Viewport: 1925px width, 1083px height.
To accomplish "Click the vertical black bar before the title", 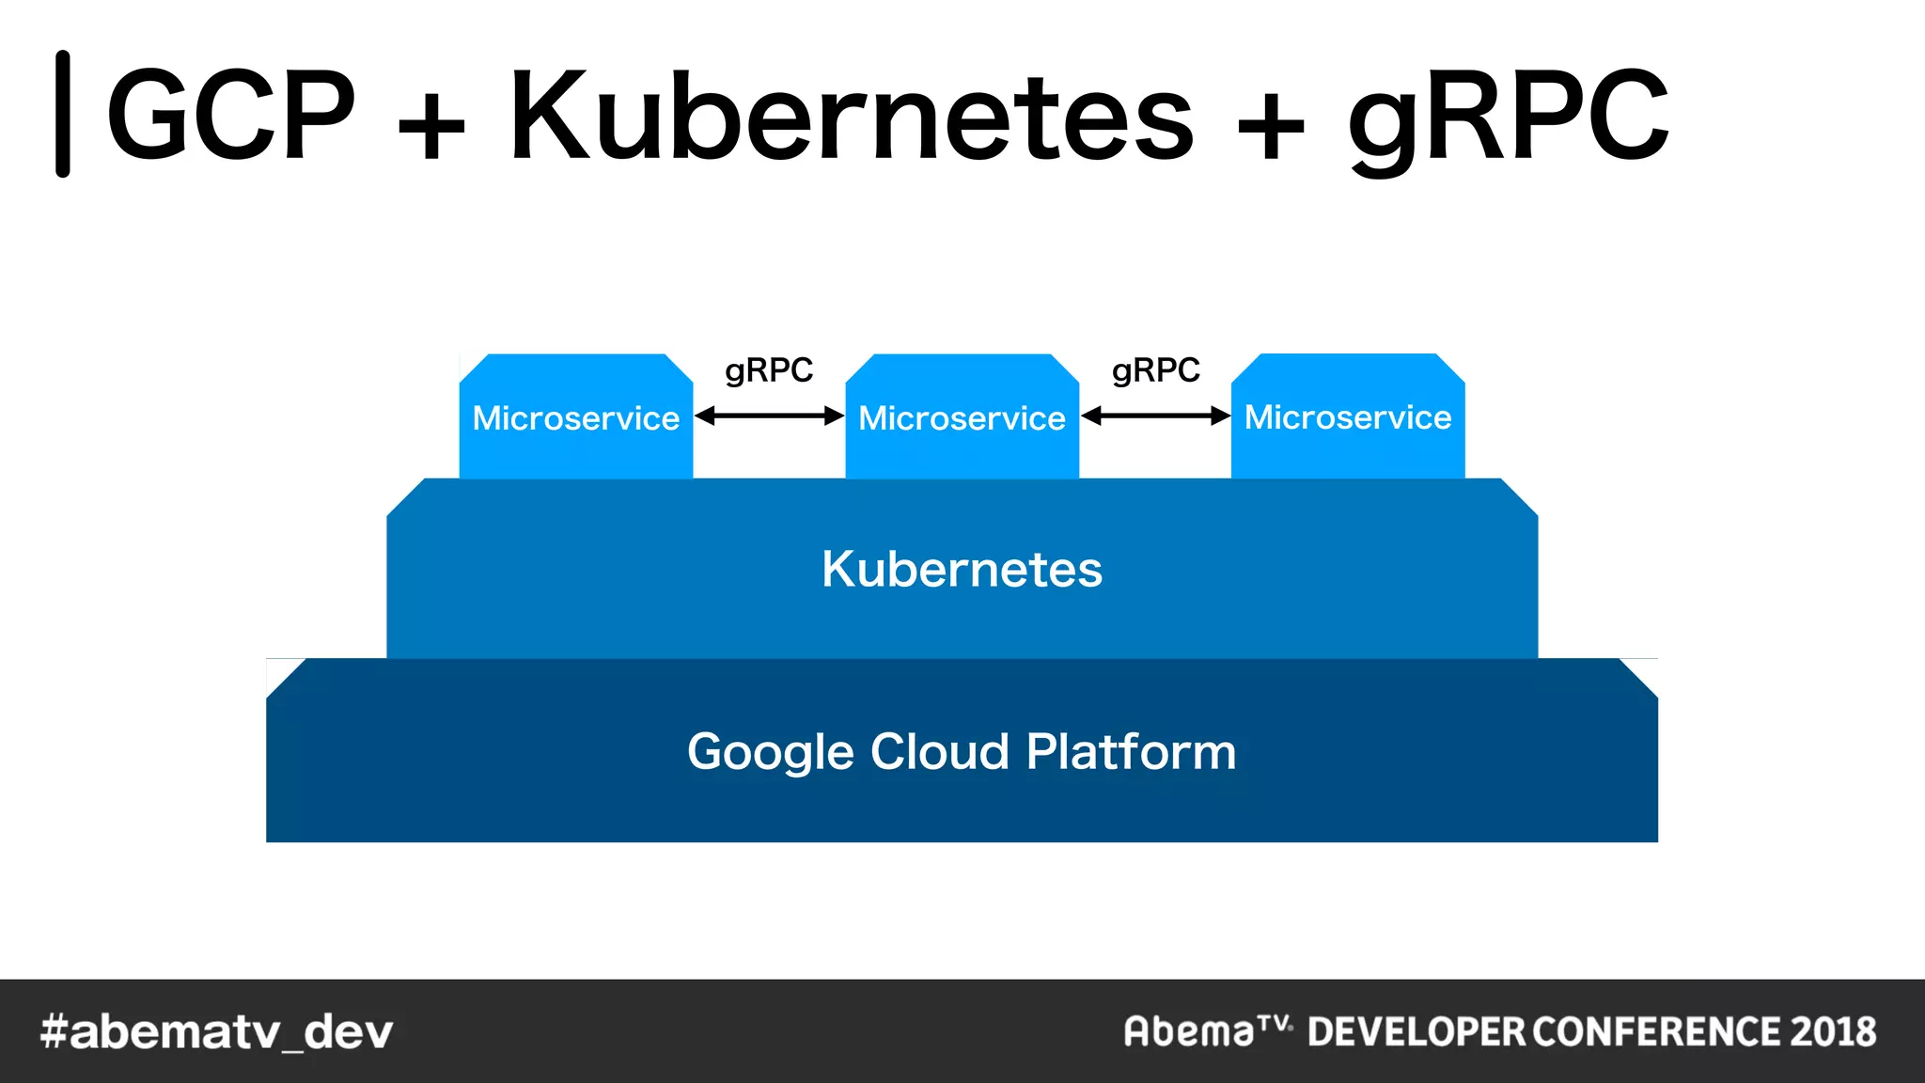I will tap(63, 114).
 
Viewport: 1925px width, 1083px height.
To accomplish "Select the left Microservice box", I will tap(575, 417).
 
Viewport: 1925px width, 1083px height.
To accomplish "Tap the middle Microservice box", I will tap(962, 417).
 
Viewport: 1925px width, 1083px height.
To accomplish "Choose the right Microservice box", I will tap(1348, 416).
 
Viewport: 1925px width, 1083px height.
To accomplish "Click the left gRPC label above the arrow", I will tap(769, 370).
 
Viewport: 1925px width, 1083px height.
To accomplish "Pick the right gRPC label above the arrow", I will tap(1155, 370).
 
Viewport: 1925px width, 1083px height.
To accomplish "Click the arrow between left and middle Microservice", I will tap(769, 416).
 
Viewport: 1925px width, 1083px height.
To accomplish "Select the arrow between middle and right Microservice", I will tap(1155, 416).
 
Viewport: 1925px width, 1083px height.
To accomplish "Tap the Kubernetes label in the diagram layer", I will tap(962, 569).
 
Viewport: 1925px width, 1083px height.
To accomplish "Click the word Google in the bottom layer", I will tap(771, 753).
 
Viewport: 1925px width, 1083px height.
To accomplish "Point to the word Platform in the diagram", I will tap(1131, 751).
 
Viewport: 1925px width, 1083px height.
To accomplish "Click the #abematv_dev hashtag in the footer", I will tap(216, 1032).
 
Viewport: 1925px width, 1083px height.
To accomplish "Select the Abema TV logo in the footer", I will tap(1207, 1030).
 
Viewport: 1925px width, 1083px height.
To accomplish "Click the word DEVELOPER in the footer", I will tap(1416, 1031).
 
